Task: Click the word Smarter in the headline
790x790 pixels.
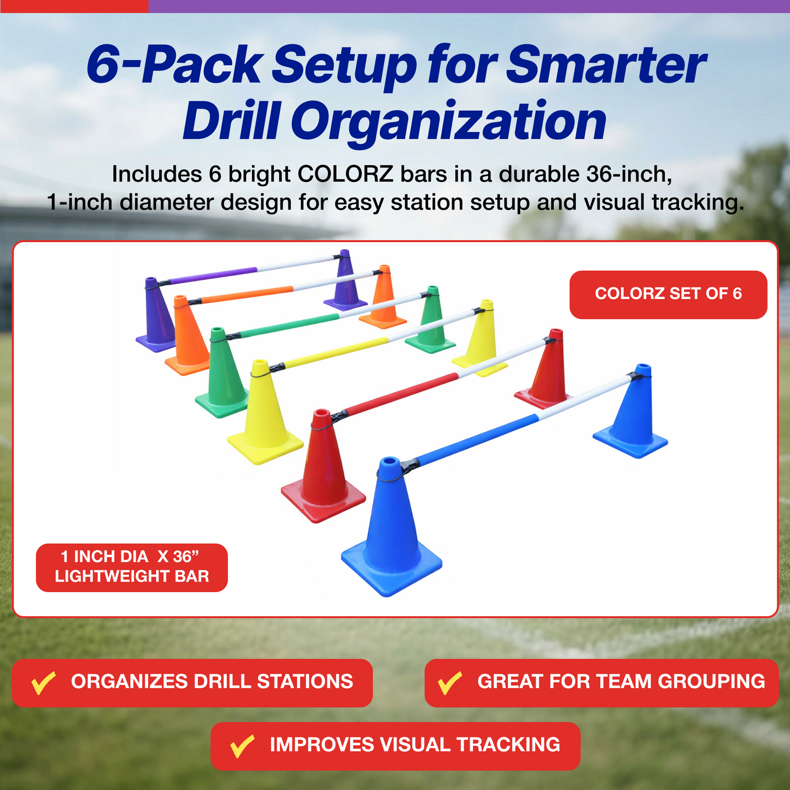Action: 606,65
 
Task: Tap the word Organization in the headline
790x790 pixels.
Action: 448,121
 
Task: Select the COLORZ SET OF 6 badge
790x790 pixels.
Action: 668,294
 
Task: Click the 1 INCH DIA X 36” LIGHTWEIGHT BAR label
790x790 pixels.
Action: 132,567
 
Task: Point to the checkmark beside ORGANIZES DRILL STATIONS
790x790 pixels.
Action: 43,683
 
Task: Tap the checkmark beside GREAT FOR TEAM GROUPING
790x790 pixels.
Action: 449,683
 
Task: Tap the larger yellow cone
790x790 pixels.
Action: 265,413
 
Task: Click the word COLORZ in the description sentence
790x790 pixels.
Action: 345,174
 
